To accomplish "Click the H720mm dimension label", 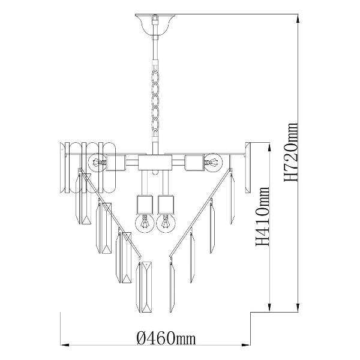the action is tap(291, 152).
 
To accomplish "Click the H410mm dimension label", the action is tap(262, 216).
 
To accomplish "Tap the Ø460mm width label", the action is tap(166, 338).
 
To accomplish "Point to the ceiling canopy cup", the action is tap(155, 25).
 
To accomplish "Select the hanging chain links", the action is tap(155, 100).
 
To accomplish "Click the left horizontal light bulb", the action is tap(97, 163).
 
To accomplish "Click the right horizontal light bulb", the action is tap(214, 163).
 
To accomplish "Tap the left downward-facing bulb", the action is tap(145, 223).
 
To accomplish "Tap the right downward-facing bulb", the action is tap(166, 223).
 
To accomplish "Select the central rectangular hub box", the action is tap(155, 163).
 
